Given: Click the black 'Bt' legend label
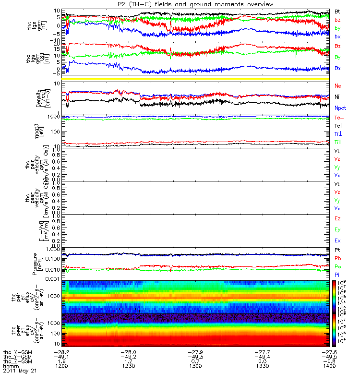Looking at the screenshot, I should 338,11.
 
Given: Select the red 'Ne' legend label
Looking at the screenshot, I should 338,85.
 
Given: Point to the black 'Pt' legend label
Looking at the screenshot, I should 338,251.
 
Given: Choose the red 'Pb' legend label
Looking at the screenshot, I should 338,258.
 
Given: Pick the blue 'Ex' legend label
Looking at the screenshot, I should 338,240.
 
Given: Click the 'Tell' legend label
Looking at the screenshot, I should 338,125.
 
